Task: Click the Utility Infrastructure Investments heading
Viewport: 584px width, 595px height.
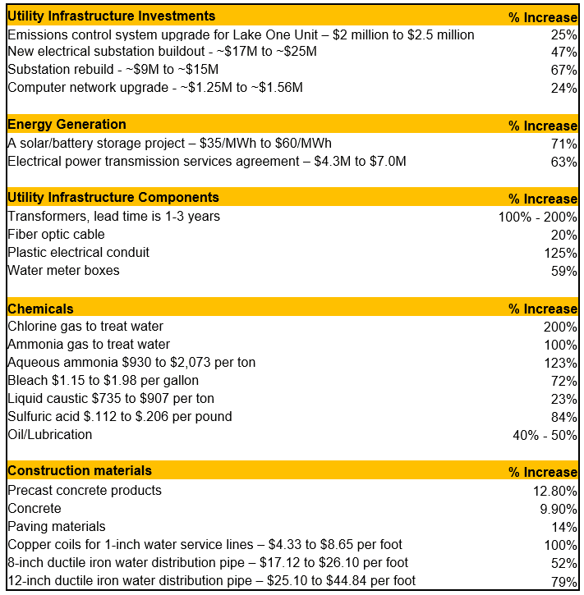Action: (111, 16)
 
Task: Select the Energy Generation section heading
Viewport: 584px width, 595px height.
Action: (67, 125)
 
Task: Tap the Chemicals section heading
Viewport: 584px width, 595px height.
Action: (40, 309)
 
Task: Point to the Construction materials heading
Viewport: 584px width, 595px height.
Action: (80, 471)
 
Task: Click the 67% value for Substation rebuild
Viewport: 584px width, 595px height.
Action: (564, 71)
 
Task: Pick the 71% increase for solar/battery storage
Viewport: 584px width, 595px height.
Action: (564, 144)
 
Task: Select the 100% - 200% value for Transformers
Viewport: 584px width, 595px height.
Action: (534, 217)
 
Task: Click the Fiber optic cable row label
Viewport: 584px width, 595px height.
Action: (56, 235)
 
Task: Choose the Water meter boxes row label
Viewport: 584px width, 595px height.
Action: (63, 271)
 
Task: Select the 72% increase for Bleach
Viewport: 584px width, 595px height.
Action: (564, 381)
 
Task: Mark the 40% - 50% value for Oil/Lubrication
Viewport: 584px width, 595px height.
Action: (545, 435)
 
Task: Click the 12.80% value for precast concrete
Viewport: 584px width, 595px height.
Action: (555, 491)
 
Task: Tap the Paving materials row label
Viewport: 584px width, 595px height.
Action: (57, 526)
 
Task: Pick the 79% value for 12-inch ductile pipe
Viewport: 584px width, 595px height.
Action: (564, 581)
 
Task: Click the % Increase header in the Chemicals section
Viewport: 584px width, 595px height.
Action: (542, 309)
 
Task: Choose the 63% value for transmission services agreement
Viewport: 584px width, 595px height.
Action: (564, 162)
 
